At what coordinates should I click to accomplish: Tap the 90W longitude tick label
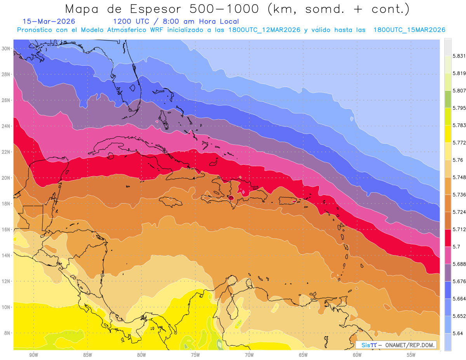point(33,355)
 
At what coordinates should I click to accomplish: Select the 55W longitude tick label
point(411,355)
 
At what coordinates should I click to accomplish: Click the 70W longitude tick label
point(249,355)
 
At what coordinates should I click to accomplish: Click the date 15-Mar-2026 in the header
point(49,21)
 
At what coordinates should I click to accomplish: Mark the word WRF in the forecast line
point(159,30)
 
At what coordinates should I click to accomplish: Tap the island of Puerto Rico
point(289,200)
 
